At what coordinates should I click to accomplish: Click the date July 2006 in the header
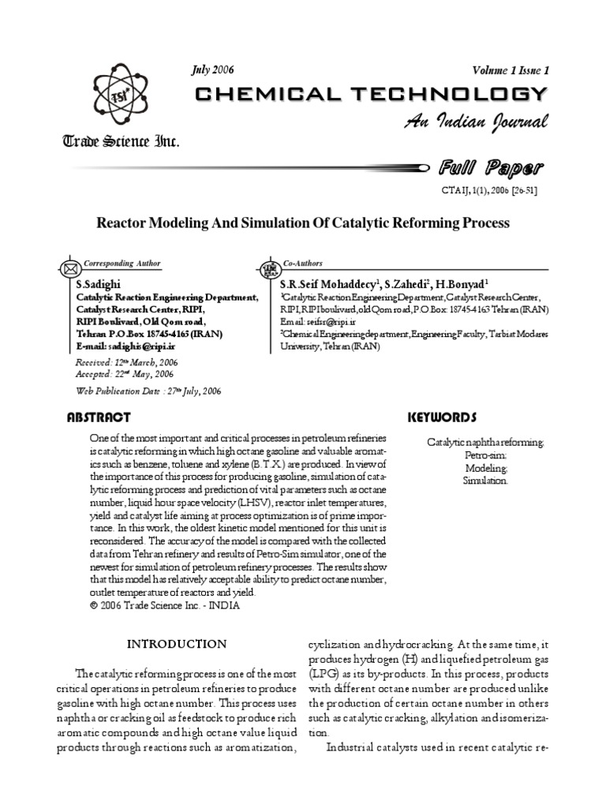coord(212,69)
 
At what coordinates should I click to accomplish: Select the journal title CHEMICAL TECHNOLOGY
coord(371,95)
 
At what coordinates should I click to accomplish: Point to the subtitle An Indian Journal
coord(476,122)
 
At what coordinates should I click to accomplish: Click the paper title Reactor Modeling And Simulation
coord(303,223)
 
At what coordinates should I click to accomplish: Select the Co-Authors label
coord(304,263)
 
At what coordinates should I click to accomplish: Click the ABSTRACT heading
coord(99,417)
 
